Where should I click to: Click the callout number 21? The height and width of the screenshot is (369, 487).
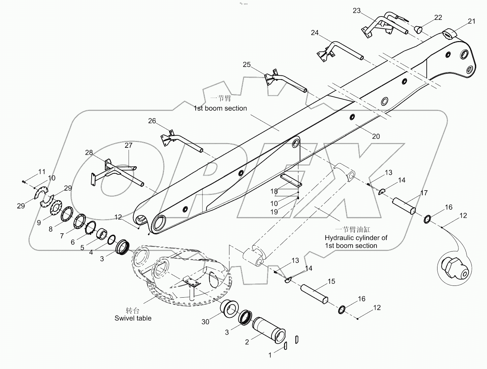click(472, 21)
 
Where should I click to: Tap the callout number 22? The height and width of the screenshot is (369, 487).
click(438, 18)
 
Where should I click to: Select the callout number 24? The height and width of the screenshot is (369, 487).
click(315, 33)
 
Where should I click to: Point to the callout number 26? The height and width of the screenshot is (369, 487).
click(152, 121)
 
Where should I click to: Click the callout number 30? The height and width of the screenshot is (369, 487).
click(205, 322)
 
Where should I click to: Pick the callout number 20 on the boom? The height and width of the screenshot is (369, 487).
click(376, 136)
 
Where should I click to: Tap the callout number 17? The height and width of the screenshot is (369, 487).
click(424, 193)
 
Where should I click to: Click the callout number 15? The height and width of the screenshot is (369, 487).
click(331, 281)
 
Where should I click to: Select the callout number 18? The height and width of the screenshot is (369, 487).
click(274, 191)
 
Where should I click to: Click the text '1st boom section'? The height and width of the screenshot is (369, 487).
click(220, 108)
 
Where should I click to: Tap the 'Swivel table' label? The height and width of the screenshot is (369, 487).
click(133, 318)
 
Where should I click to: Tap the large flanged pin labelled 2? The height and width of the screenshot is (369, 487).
click(268, 330)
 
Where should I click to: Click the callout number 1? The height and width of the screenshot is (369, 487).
click(270, 355)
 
